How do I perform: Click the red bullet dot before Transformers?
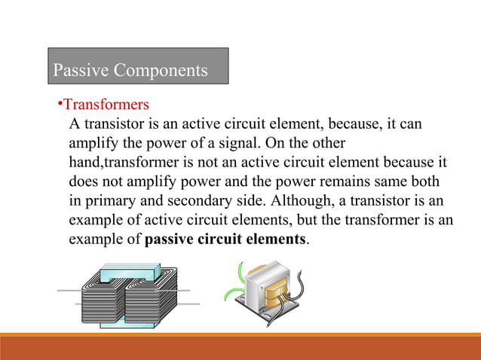coord(59,103)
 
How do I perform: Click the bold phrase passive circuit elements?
coord(225,240)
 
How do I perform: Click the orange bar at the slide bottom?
coord(240,348)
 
